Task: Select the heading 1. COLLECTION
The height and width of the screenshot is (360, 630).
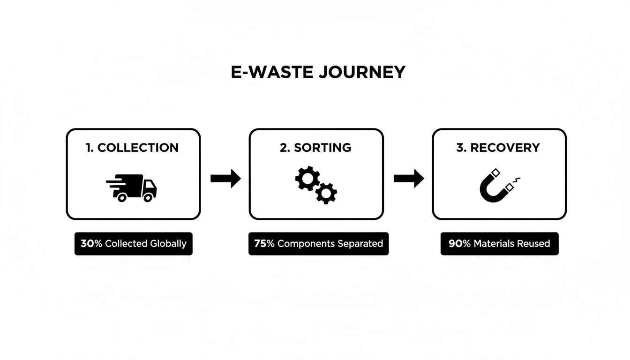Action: coord(133,148)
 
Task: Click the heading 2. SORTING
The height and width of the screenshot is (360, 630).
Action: coord(315,148)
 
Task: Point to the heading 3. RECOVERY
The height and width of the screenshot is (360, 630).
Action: coord(498,148)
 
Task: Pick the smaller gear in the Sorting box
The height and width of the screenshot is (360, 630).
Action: coord(326,192)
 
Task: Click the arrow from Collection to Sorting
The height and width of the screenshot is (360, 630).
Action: coord(225,178)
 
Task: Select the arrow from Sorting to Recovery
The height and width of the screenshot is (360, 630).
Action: coord(409,178)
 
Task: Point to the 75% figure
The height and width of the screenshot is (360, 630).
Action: coord(264,244)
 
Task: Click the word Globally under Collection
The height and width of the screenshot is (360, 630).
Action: coord(168,244)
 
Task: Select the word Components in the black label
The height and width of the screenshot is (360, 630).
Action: coord(306,244)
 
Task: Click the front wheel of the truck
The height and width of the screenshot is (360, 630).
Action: coord(148,197)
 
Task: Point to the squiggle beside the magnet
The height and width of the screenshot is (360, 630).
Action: coord(518,179)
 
